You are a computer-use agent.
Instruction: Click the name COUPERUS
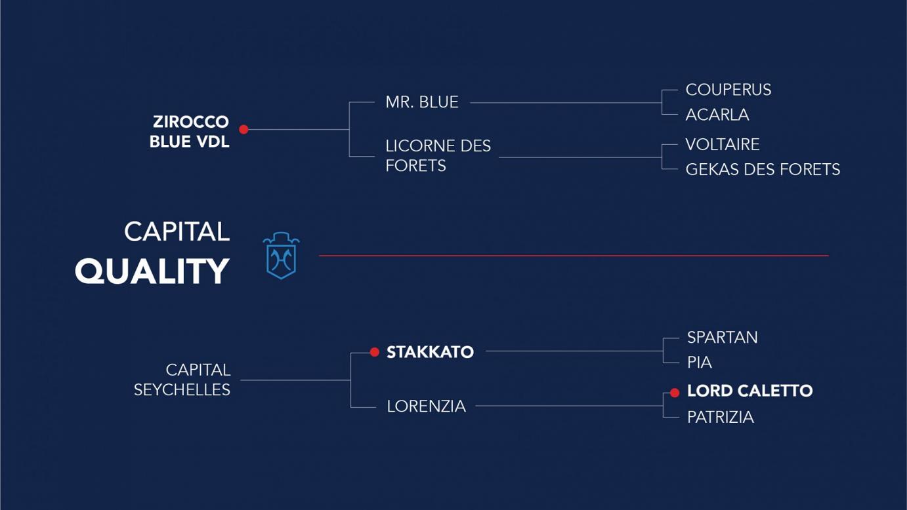click(728, 90)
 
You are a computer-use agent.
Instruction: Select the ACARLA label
click(717, 115)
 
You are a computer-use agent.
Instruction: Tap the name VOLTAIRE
click(723, 144)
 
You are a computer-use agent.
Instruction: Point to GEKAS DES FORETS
click(763, 170)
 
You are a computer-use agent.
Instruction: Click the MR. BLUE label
click(422, 102)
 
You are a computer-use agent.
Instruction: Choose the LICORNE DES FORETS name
click(438, 156)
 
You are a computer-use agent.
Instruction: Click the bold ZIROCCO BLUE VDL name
click(190, 132)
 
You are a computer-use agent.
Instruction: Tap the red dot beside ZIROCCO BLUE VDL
click(243, 129)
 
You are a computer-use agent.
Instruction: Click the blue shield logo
click(281, 256)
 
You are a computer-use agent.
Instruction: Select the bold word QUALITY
click(152, 271)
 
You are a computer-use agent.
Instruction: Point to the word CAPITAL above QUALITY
click(177, 232)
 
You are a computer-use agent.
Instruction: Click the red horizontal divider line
click(574, 256)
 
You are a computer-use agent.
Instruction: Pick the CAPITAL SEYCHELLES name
click(182, 380)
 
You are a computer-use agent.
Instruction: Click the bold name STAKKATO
click(430, 352)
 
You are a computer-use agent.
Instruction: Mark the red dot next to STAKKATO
click(375, 352)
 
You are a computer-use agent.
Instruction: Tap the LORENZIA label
click(427, 406)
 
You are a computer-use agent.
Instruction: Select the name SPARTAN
click(723, 338)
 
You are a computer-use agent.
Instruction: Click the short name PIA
click(699, 363)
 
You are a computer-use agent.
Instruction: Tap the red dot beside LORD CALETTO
click(675, 393)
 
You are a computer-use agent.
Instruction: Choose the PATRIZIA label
click(721, 418)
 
